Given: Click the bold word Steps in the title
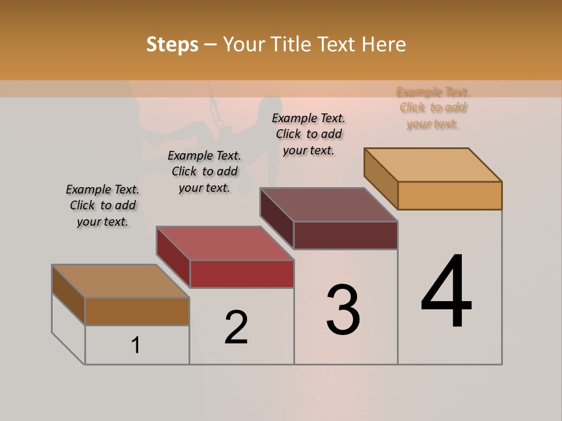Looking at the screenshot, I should tap(172, 44).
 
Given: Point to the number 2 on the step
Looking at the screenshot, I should tap(237, 327).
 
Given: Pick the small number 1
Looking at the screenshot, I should tap(136, 346).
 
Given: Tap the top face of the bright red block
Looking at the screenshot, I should tap(225, 243).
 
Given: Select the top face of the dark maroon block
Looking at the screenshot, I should tap(329, 205).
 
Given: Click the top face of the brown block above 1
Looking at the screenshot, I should tap(121, 281).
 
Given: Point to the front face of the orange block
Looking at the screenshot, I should tap(450, 195).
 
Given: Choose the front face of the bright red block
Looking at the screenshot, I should tap(242, 274).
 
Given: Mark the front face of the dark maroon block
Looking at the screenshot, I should tap(345, 235).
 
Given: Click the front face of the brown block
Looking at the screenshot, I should tap(137, 311).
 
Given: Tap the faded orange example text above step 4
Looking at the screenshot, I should tap(433, 108).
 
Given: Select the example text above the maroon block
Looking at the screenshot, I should tap(309, 134).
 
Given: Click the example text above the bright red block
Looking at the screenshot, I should tap(204, 171).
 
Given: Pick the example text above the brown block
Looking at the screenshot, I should tap(102, 205).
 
